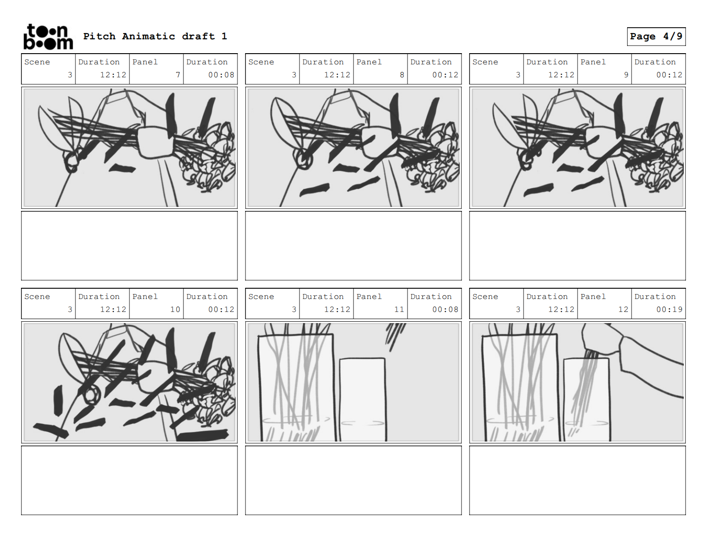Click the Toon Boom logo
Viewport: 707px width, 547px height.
coord(48,37)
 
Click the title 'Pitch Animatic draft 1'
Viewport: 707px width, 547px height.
coord(155,36)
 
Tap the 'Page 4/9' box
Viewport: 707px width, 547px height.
coord(656,37)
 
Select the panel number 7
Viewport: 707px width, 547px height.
coord(178,75)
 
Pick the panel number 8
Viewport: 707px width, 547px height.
coord(402,75)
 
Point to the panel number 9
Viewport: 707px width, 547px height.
coord(626,75)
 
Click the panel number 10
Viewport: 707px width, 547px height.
coord(175,310)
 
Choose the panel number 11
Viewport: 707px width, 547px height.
coord(399,310)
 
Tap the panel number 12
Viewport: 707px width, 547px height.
coord(623,310)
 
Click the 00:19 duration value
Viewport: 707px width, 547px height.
coord(669,310)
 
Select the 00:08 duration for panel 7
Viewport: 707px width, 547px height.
coord(221,75)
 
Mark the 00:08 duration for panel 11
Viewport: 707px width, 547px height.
coord(445,310)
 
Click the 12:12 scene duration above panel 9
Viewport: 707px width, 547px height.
coord(561,75)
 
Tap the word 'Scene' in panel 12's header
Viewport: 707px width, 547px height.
coord(485,296)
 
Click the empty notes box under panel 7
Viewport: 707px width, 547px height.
coord(129,246)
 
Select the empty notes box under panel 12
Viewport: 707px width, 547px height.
coord(578,480)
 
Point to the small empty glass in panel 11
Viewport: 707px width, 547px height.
coord(362,400)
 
